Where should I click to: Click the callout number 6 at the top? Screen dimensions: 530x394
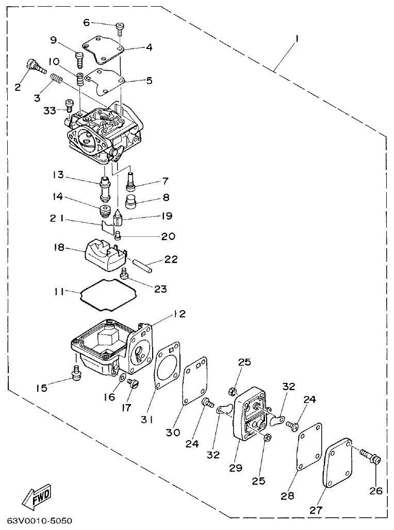click(x=86, y=22)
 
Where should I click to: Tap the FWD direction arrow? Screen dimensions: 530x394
click(x=36, y=498)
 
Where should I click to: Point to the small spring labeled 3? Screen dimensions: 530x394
click(x=57, y=80)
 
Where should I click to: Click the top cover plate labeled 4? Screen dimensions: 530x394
click(x=103, y=52)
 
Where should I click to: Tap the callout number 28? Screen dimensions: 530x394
click(x=287, y=496)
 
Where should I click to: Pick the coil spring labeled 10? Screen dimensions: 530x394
click(x=80, y=80)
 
